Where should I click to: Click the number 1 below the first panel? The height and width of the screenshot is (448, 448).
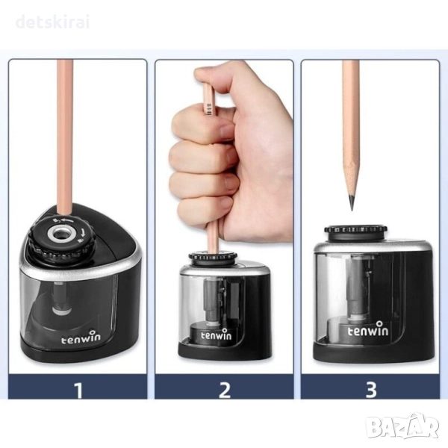[78, 390]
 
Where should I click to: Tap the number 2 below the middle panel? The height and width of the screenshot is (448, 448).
[225, 390]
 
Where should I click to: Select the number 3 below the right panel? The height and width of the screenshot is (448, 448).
[371, 390]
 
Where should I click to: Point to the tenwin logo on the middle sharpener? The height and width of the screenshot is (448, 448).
[217, 335]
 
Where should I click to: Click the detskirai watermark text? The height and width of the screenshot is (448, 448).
[52, 22]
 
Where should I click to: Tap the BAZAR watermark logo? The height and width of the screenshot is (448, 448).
[403, 426]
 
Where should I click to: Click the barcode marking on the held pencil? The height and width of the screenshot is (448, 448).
[210, 109]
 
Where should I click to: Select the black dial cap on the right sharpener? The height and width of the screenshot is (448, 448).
[355, 232]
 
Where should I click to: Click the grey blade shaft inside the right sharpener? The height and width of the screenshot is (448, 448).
[354, 291]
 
